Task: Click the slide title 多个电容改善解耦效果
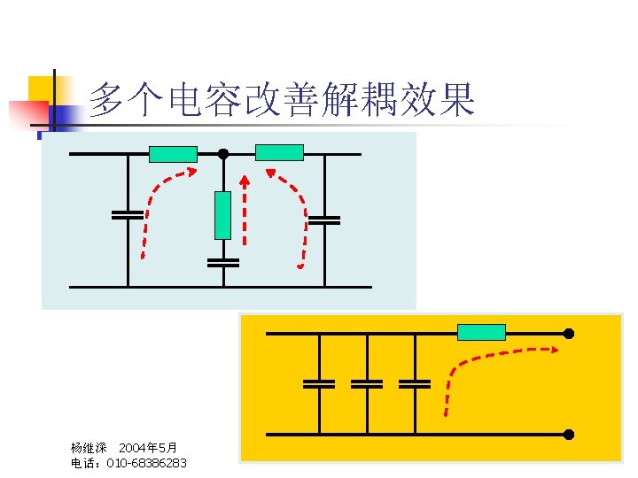pyautogui.click(x=282, y=100)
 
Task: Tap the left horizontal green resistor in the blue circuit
pyautogui.click(x=173, y=154)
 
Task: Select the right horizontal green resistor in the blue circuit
pyautogui.click(x=279, y=152)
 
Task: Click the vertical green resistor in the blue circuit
pyautogui.click(x=222, y=215)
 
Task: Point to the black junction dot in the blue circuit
pyautogui.click(x=223, y=154)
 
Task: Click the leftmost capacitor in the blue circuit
pyautogui.click(x=128, y=214)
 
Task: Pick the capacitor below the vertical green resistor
pyautogui.click(x=222, y=262)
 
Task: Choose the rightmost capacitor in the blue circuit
pyautogui.click(x=324, y=220)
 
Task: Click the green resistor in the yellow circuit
pyautogui.click(x=481, y=332)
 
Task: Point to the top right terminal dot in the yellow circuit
pyautogui.click(x=569, y=333)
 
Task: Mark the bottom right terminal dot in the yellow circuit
pyautogui.click(x=569, y=435)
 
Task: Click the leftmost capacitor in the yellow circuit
pyautogui.click(x=319, y=383)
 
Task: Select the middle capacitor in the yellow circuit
pyautogui.click(x=367, y=383)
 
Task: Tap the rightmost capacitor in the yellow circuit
pyautogui.click(x=414, y=383)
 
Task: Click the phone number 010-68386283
pyautogui.click(x=146, y=463)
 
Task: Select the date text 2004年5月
pyautogui.click(x=148, y=448)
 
